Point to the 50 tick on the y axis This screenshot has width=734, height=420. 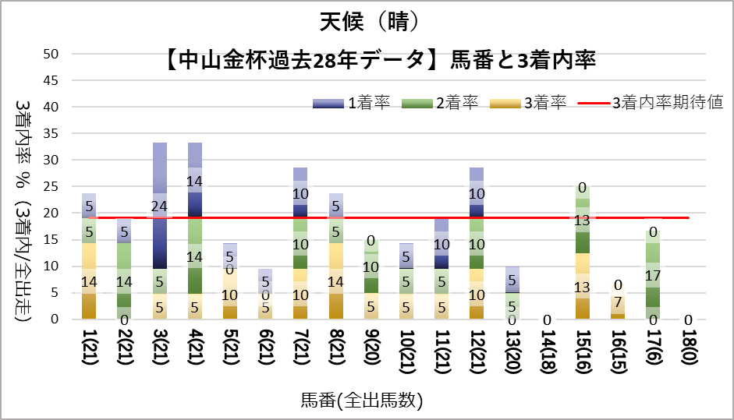click(x=51, y=54)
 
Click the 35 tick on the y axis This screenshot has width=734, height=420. click(x=51, y=133)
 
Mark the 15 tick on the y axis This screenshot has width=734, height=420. click(x=51, y=239)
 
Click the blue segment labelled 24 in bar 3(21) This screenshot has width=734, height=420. click(x=160, y=206)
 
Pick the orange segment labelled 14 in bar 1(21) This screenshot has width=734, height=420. click(x=89, y=281)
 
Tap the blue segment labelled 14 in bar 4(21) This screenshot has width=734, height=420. click(x=195, y=181)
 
